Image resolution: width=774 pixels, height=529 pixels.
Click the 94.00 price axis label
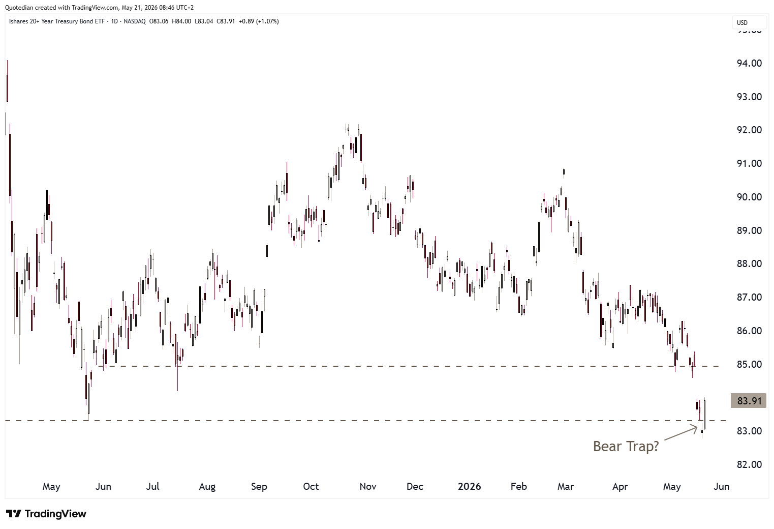pyautogui.click(x=749, y=63)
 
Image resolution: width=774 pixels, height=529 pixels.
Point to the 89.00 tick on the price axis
pyautogui.click(x=749, y=230)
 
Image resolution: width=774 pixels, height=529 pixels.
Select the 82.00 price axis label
pyautogui.click(x=749, y=464)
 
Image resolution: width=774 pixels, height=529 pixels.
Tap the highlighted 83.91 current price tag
pyautogui.click(x=749, y=401)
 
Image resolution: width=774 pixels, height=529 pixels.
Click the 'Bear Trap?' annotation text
pyautogui.click(x=626, y=447)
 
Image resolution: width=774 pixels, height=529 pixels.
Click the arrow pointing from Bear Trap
pyautogui.click(x=680, y=433)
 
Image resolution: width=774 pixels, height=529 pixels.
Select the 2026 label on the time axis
pyautogui.click(x=469, y=486)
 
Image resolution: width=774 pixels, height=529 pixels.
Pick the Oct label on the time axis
pyautogui.click(x=311, y=486)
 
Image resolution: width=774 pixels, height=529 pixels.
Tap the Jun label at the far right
pyautogui.click(x=722, y=486)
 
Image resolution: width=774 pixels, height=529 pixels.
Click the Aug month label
pyautogui.click(x=207, y=486)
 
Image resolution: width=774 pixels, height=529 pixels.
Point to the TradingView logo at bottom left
pyautogui.click(x=46, y=514)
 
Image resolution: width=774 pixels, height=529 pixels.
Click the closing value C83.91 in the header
pyautogui.click(x=226, y=21)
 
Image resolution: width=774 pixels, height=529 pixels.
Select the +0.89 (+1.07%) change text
pyautogui.click(x=259, y=21)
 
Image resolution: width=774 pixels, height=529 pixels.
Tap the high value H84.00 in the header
pyautogui.click(x=181, y=21)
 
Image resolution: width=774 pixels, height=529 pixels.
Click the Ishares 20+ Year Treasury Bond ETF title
pyautogui.click(x=57, y=21)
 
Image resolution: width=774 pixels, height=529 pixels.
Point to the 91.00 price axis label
pyautogui.click(x=749, y=164)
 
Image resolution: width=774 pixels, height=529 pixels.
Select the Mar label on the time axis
pyautogui.click(x=565, y=486)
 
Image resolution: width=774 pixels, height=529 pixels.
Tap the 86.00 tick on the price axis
pyautogui.click(x=749, y=331)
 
